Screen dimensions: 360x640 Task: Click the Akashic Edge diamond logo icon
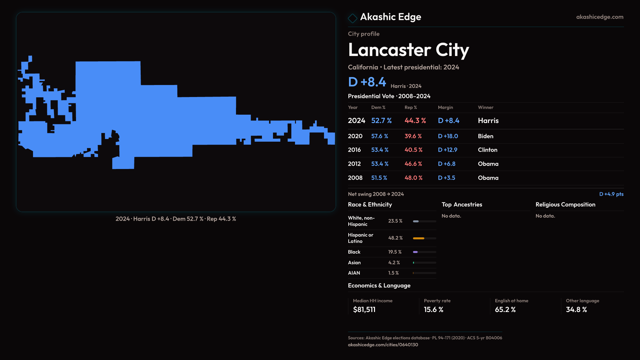[352, 18]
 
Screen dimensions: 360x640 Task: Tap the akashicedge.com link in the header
[600, 17]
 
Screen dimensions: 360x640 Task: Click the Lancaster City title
[408, 50]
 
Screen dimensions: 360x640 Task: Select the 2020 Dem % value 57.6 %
[380, 136]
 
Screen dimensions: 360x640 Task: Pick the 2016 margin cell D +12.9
[448, 150]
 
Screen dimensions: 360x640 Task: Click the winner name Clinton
[487, 150]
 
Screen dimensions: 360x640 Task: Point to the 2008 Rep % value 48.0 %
[413, 178]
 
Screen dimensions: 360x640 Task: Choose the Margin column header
[445, 107]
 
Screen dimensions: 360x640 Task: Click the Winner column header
[485, 107]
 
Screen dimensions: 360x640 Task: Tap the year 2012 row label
[354, 164]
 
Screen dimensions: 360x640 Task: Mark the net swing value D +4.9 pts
[611, 194]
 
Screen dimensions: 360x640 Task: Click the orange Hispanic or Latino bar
[419, 238]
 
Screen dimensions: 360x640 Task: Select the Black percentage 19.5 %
[395, 252]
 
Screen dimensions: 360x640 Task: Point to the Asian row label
[354, 263]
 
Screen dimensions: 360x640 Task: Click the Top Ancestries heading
[462, 205]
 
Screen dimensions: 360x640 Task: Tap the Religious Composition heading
[565, 205]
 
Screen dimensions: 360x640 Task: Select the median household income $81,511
[364, 310]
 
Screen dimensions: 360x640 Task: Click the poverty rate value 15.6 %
[433, 310]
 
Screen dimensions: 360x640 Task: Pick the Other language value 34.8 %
[576, 310]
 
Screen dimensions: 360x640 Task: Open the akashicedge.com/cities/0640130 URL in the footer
[383, 345]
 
